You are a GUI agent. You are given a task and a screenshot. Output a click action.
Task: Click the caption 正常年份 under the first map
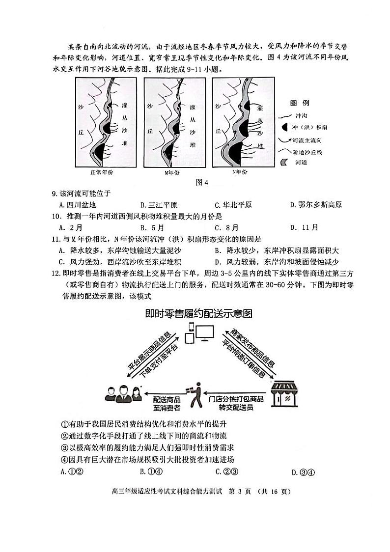pyautogui.click(x=102, y=172)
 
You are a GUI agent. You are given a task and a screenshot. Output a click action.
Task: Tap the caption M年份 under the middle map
pyautogui.click(x=172, y=172)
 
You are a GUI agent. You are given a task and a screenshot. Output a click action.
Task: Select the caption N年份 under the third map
pyautogui.click(x=240, y=172)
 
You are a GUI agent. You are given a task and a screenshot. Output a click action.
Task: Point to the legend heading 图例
pyautogui.click(x=299, y=103)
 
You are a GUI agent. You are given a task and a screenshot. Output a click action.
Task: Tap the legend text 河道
pyautogui.click(x=301, y=163)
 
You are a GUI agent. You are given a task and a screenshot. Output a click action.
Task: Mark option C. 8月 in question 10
pyautogui.click(x=226, y=227)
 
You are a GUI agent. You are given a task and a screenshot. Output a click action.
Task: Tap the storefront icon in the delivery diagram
pyautogui.click(x=284, y=394)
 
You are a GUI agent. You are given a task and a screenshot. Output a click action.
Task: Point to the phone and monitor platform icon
pyautogui.click(x=198, y=335)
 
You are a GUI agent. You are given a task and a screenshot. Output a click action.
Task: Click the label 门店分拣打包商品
pyautogui.click(x=236, y=399)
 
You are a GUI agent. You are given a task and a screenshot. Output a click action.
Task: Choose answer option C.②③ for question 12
pyautogui.click(x=226, y=472)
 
